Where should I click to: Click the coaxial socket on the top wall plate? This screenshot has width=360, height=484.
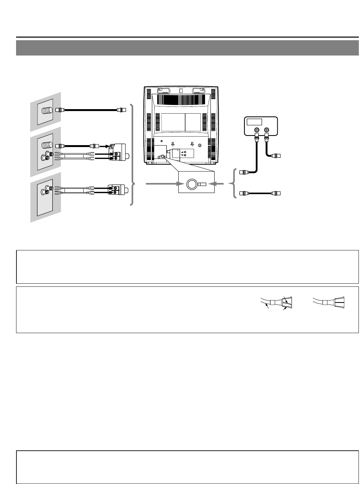[x=46, y=110]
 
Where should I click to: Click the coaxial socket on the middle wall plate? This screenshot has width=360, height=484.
[x=46, y=146]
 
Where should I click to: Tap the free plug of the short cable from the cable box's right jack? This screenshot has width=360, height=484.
[x=277, y=156]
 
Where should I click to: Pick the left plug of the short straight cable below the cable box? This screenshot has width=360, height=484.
[x=242, y=193]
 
